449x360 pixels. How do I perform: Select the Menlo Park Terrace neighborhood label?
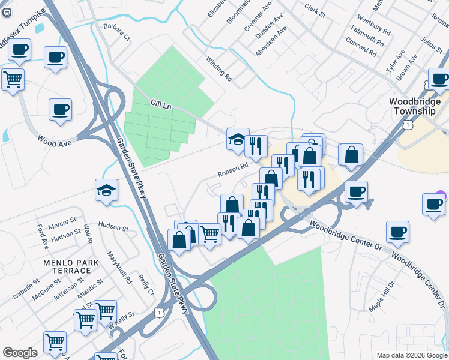click(67, 266)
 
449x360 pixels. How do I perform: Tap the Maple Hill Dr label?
click(382, 296)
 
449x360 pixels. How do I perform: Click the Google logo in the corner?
click(20, 353)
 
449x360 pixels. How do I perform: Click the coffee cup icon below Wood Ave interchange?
click(60, 109)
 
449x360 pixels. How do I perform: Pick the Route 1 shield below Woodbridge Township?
click(408, 125)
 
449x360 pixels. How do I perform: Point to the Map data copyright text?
click(411, 355)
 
